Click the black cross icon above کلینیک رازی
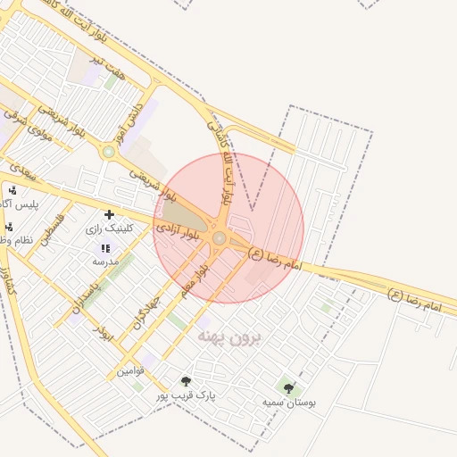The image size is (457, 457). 109,214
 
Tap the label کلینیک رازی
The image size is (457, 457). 109,228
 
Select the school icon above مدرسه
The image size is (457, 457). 105,248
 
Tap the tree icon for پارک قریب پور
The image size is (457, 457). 186,381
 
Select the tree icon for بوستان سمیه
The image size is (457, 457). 288,387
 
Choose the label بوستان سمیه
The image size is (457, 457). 289,402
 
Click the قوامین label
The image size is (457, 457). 130,370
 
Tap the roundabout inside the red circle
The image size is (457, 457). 220,237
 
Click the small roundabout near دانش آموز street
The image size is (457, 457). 108,152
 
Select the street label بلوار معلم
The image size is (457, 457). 193,279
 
